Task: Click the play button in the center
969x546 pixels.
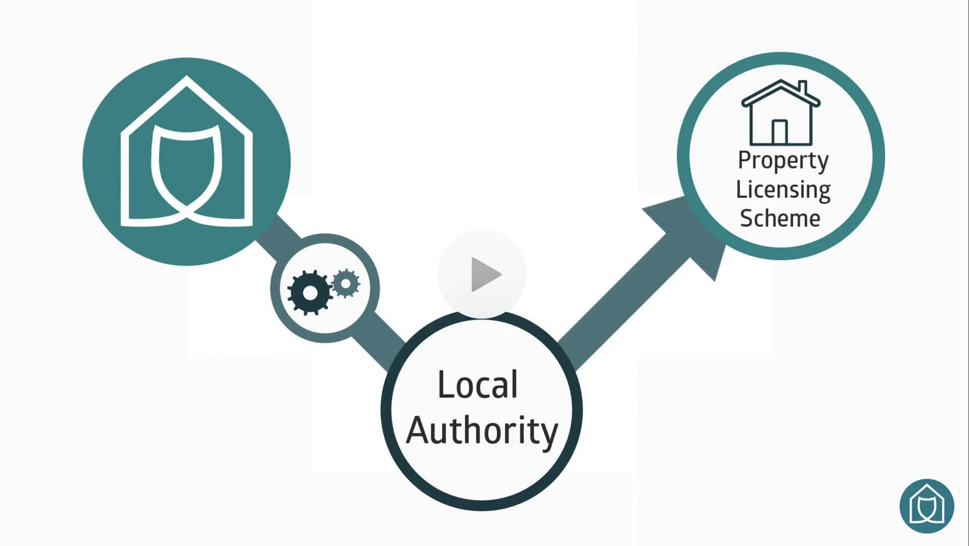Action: (482, 274)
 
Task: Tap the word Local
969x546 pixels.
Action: (478, 385)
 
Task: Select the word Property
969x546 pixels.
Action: (783, 161)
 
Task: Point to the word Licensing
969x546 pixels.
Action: (783, 189)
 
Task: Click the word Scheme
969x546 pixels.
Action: (780, 218)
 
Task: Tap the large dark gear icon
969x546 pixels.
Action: (310, 293)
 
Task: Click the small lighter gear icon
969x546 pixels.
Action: (346, 283)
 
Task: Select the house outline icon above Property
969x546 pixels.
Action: (780, 113)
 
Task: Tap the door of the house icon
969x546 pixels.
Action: (779, 132)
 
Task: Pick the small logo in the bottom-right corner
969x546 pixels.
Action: (927, 506)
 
